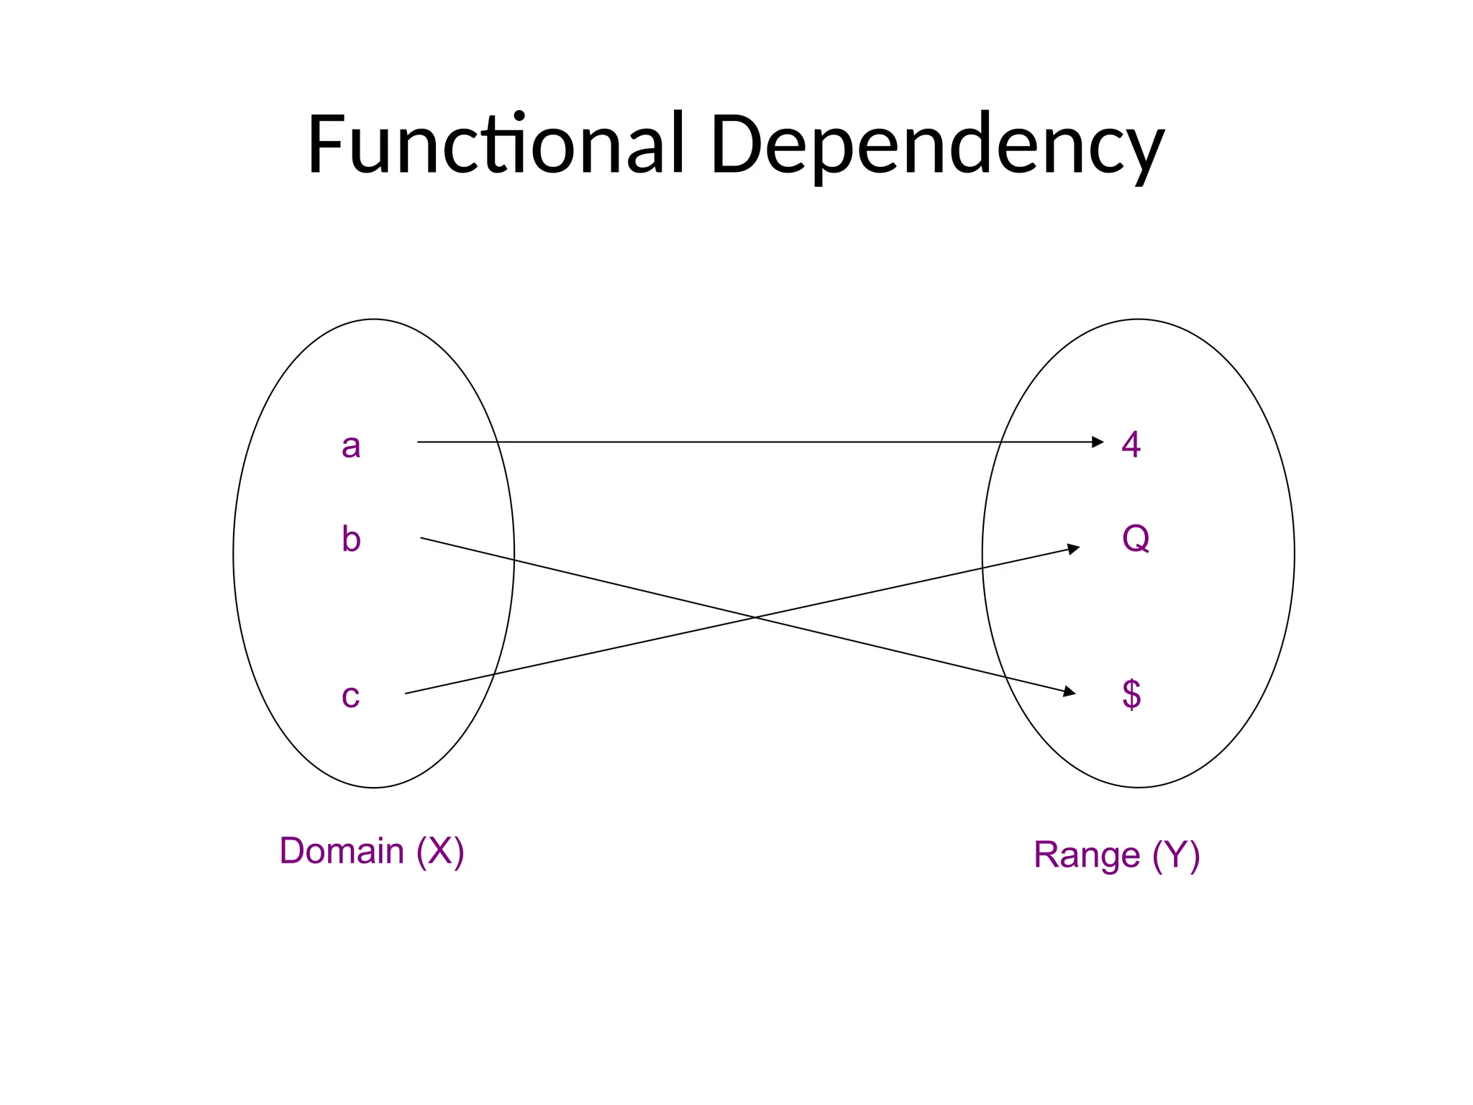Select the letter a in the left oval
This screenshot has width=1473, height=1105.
[350, 446]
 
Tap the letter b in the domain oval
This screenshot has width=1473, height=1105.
[351, 539]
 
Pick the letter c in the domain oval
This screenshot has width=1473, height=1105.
[350, 696]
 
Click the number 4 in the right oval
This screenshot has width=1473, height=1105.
[1131, 444]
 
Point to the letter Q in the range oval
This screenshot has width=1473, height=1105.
[1136, 537]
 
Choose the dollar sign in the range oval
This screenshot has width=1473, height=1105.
[1131, 694]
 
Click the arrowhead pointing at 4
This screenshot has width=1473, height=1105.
[1098, 442]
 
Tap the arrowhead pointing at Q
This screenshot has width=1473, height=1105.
[1074, 549]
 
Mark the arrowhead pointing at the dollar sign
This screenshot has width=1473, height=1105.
[1070, 692]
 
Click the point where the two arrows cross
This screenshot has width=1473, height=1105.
[754, 617]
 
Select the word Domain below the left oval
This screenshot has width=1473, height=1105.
[342, 851]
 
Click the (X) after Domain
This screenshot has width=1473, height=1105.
[440, 851]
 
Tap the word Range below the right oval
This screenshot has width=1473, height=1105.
[1086, 855]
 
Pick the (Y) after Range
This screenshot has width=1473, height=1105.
[1176, 855]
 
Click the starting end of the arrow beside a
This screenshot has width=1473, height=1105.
[419, 442]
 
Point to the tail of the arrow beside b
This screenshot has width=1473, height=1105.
[421, 537]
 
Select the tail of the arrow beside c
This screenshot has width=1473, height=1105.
[406, 693]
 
